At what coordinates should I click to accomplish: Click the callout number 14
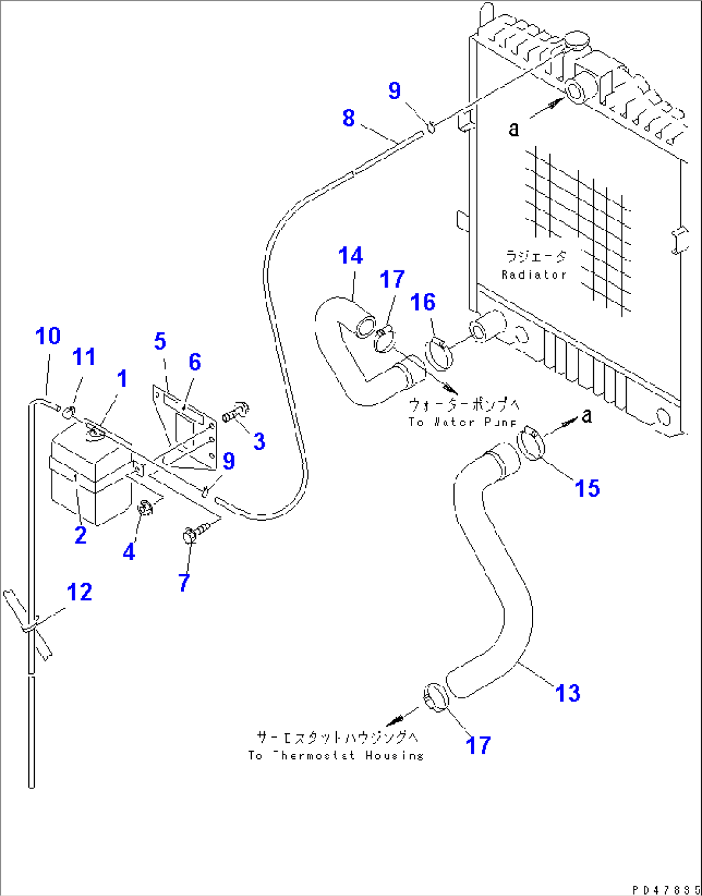351,256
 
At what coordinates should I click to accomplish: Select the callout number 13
567,693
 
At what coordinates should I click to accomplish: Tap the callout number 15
587,489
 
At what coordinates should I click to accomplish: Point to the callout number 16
423,302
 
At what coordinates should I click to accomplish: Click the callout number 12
79,592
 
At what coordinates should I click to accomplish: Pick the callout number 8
348,118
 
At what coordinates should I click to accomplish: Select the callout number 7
184,583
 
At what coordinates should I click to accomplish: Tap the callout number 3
259,442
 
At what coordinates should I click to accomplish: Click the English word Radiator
534,275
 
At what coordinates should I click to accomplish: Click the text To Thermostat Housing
336,755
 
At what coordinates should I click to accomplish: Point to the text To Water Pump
462,422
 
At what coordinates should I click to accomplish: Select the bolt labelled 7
194,533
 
